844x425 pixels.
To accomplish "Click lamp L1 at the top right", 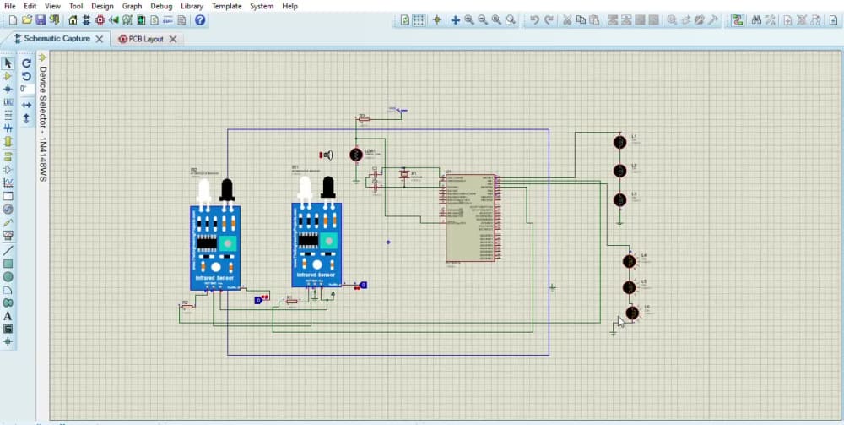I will [x=619, y=142].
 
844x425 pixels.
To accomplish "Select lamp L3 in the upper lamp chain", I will [x=619, y=199].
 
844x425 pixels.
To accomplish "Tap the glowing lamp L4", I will [x=628, y=261].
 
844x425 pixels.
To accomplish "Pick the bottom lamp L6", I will [x=631, y=313].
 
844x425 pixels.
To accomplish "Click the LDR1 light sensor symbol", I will [x=356, y=155].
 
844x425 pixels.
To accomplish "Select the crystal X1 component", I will [x=404, y=175].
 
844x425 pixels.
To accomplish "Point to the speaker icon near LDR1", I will [x=327, y=155].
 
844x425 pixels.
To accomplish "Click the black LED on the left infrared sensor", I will [x=226, y=191].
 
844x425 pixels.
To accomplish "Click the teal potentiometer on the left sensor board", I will [x=227, y=244].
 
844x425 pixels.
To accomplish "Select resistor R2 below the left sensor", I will [x=187, y=306].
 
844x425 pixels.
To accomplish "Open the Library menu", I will [x=192, y=6].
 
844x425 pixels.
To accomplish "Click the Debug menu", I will [x=160, y=6].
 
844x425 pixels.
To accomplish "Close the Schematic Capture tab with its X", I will [x=100, y=39].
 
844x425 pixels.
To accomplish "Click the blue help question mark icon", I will [x=200, y=19].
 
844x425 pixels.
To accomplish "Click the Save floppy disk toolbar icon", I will [x=41, y=19].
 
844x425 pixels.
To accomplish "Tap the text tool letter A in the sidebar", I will [x=8, y=316].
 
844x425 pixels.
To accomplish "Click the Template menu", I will [x=226, y=6].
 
